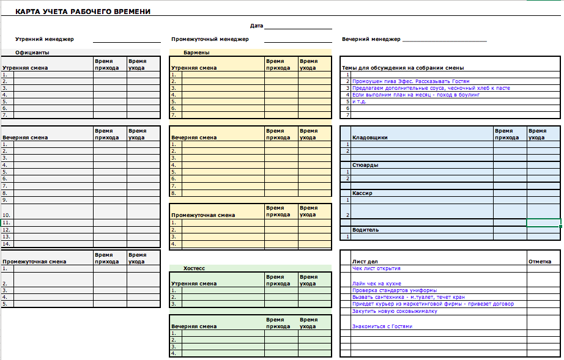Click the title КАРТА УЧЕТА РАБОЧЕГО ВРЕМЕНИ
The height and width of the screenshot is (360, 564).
(x=83, y=12)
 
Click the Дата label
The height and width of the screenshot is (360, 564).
(x=256, y=26)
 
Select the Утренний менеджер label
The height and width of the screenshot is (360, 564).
(x=45, y=39)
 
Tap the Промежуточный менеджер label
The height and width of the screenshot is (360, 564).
(x=210, y=39)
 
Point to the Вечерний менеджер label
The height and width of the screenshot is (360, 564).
(x=371, y=39)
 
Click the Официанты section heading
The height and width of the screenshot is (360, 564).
(x=32, y=53)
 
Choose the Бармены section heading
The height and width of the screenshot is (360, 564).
(x=196, y=53)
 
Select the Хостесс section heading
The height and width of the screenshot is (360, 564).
(x=195, y=268)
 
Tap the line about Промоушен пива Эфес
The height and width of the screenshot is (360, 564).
(x=411, y=81)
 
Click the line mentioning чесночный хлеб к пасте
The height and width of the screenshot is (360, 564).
(x=431, y=88)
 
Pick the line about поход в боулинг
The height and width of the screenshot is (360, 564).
(x=416, y=95)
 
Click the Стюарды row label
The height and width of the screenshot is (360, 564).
(x=365, y=165)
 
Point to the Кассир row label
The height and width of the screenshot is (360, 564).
(x=362, y=193)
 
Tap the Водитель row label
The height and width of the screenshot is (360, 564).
(x=365, y=230)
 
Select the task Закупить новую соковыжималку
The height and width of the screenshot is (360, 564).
(x=395, y=311)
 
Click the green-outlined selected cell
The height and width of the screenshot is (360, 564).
(x=543, y=222)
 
